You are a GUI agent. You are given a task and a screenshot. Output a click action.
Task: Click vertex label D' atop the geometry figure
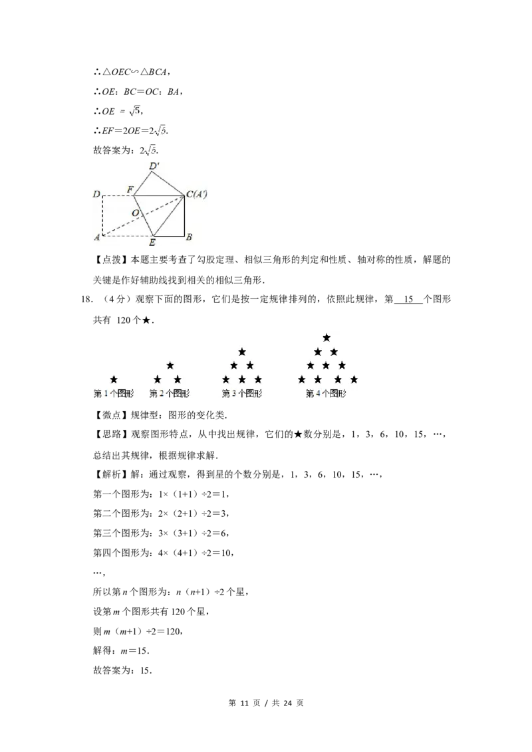154,165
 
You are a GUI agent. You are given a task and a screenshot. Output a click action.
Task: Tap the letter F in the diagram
130,190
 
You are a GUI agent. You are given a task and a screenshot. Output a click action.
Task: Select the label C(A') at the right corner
198,195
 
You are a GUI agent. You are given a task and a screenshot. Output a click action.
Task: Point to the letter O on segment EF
135,213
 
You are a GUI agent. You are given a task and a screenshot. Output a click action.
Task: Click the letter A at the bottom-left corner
96,238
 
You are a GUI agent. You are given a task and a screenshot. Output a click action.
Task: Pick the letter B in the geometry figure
189,237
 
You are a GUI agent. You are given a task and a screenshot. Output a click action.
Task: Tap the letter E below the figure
152,244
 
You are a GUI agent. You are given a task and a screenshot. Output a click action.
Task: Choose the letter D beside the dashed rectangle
96,195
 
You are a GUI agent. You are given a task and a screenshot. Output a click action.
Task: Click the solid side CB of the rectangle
184,216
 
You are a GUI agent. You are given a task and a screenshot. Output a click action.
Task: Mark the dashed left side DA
102,215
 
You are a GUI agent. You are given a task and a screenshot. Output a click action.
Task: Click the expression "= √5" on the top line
129,111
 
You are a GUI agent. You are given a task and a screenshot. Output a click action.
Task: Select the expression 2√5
160,131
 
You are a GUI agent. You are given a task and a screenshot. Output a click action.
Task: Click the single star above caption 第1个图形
114,379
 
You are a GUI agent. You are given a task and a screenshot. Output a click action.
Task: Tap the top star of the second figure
170,365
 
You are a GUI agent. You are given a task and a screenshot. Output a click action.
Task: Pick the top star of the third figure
242,351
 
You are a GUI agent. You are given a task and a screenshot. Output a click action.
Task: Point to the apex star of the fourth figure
326,337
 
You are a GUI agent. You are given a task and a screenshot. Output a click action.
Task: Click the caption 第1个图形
113,393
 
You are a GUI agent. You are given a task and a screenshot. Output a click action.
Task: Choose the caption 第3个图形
241,393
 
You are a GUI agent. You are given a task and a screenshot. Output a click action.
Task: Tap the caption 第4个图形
326,393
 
